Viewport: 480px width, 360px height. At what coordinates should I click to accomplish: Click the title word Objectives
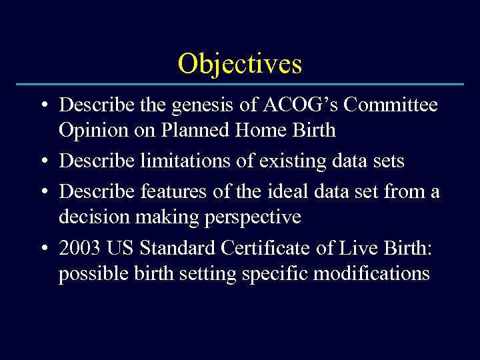click(x=240, y=64)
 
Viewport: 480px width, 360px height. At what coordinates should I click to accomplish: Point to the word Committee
click(x=389, y=105)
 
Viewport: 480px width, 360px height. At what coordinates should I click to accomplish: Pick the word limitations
click(x=186, y=161)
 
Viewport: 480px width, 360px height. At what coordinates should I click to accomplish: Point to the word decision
click(x=89, y=217)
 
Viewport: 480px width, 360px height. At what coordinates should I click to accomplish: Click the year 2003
click(x=80, y=249)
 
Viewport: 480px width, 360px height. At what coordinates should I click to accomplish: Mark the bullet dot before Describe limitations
click(x=43, y=162)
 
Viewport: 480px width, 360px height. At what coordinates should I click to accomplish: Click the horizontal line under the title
click(x=240, y=85)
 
